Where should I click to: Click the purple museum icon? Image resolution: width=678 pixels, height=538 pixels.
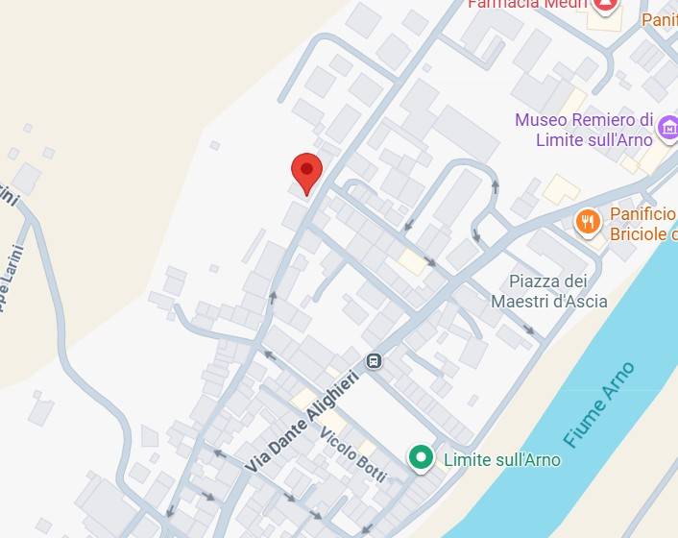click(667, 126)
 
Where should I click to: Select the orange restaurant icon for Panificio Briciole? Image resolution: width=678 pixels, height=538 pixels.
click(588, 223)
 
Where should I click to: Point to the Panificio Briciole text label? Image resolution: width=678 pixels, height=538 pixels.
click(642, 224)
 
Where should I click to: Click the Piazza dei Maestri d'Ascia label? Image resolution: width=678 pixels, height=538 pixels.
click(548, 291)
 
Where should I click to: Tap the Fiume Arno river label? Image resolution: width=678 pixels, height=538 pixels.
click(600, 403)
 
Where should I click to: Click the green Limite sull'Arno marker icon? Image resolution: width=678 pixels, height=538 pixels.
click(420, 458)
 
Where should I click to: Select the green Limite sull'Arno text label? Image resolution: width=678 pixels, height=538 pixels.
click(501, 459)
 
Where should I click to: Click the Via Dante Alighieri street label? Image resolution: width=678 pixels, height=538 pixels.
click(301, 421)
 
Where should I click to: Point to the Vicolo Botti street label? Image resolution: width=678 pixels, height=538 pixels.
click(353, 452)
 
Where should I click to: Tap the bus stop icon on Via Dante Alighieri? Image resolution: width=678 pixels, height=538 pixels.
click(374, 361)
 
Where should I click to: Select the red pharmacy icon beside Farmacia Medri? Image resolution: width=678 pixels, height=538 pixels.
click(605, 5)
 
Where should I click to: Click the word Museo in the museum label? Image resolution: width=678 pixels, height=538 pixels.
click(540, 120)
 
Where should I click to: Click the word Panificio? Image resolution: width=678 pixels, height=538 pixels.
click(642, 214)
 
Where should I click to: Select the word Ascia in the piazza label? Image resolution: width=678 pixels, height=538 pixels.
click(586, 302)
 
